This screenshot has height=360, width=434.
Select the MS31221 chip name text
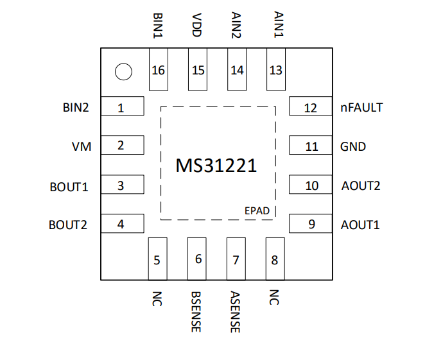[x=216, y=166]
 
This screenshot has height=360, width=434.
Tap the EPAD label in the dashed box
[x=257, y=211]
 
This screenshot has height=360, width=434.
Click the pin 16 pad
[x=159, y=69]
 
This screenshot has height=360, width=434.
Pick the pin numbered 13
[x=276, y=69]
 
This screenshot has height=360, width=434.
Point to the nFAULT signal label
[x=361, y=107]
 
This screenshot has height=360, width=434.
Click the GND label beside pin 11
[x=353, y=147]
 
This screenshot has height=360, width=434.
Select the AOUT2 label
[x=361, y=185]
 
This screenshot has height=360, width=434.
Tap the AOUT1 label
[x=360, y=225]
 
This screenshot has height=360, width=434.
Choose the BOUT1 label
[x=69, y=187]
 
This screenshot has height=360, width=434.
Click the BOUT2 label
[x=68, y=225]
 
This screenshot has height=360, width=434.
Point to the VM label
[x=82, y=147]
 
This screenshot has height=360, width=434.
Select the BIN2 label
[x=76, y=107]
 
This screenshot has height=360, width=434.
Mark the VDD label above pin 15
[x=197, y=25]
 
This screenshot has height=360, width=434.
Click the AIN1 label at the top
[x=279, y=24]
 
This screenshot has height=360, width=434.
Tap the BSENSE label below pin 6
[x=196, y=312]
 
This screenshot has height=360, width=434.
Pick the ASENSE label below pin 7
[x=235, y=312]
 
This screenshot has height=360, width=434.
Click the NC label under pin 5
[x=157, y=298]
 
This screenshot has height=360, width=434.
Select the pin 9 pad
[x=311, y=223]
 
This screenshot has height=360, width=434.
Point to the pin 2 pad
[x=123, y=145]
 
